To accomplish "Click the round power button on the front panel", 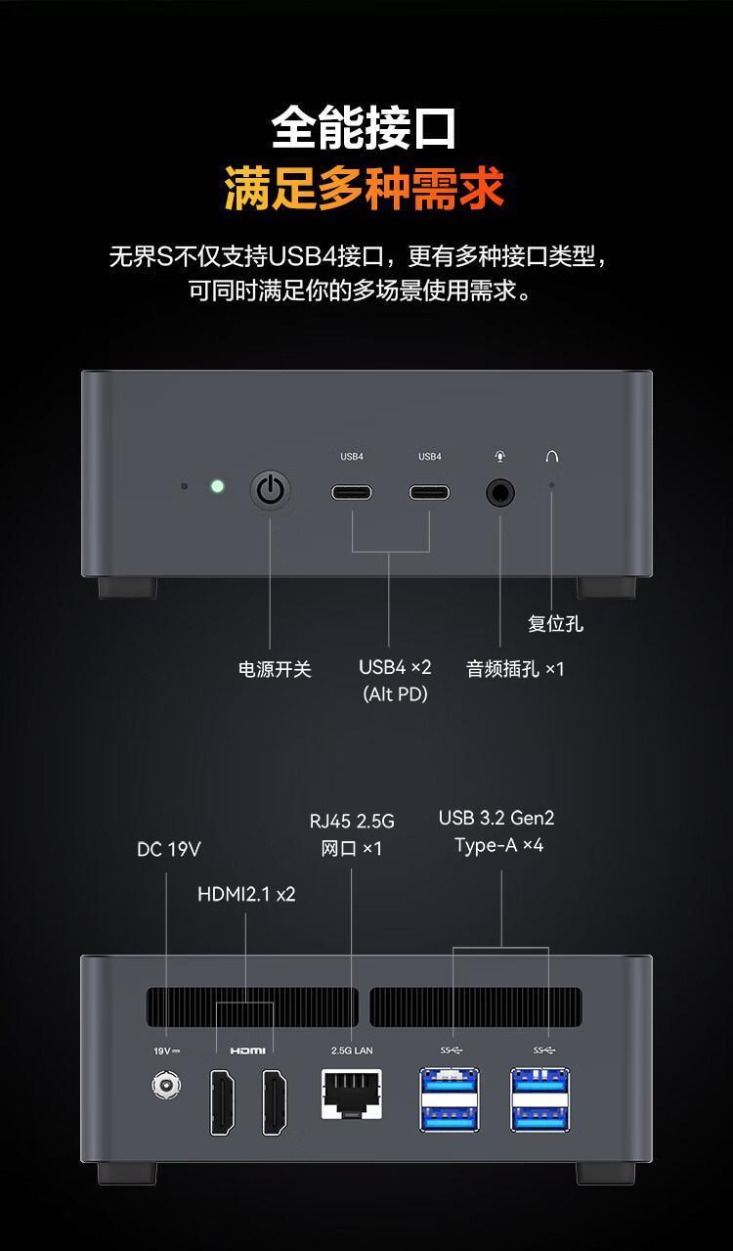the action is (x=271, y=489).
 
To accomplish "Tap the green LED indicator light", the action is (x=217, y=486).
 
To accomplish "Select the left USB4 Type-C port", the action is (x=351, y=491).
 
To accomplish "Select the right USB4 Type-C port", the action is (x=429, y=491).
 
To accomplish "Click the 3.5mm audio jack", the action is (x=501, y=491).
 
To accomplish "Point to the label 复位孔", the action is (x=555, y=623).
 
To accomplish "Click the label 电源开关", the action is (x=275, y=669).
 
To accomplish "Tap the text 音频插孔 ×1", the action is (x=515, y=669).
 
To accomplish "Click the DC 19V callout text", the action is (x=168, y=849).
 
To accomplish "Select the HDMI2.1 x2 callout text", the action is (x=246, y=894).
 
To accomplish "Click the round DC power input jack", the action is (x=166, y=1085).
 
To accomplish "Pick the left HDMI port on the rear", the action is (x=222, y=1102).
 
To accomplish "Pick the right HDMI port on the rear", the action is (x=275, y=1102).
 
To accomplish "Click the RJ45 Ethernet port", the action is (x=352, y=1095).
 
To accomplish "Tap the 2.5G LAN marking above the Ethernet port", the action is (x=352, y=1050).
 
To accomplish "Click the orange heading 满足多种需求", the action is (x=365, y=188).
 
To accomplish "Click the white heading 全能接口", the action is (x=365, y=127).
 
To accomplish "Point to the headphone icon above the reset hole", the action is (x=552, y=457).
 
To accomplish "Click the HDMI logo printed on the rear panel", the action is (x=247, y=1050).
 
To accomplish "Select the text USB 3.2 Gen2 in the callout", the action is (x=496, y=818).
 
